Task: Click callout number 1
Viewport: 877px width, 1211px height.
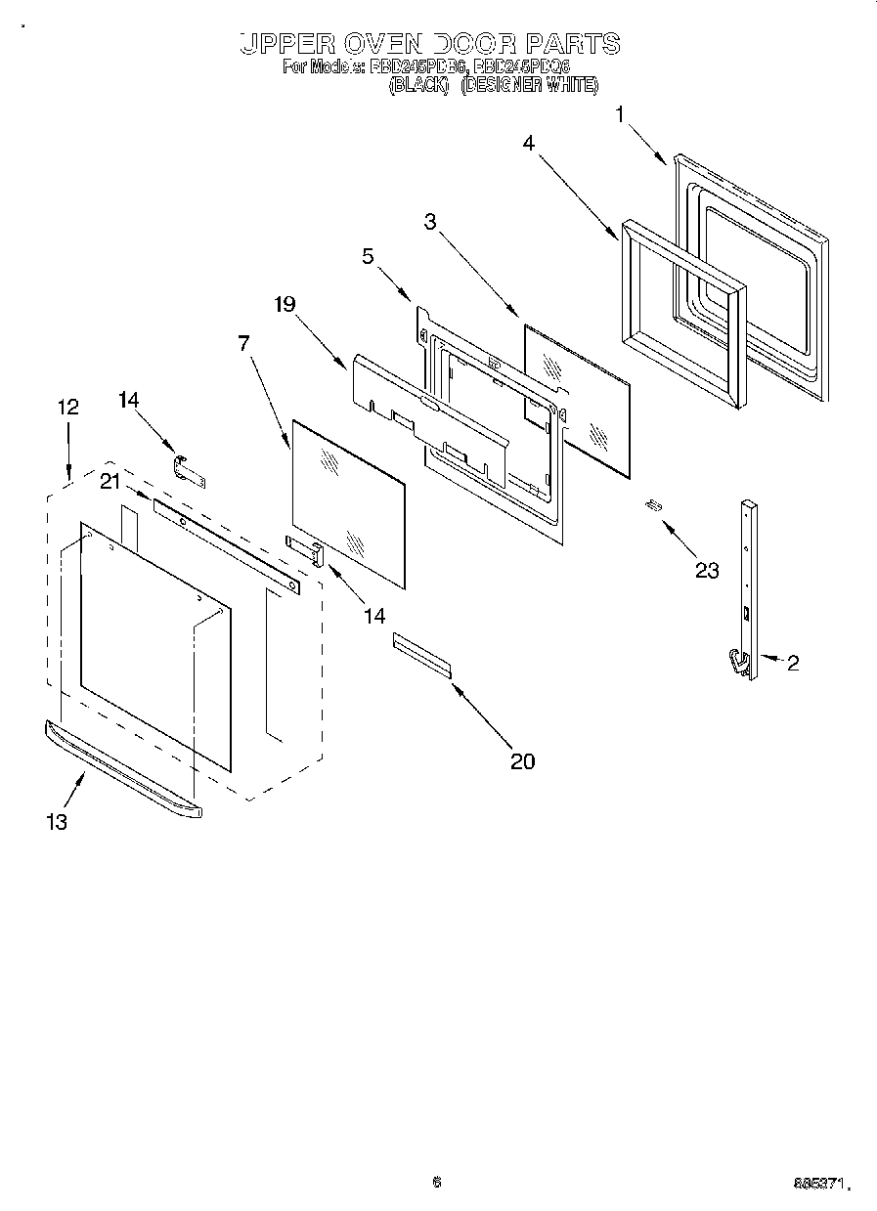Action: (620, 115)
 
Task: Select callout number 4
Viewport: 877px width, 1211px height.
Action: (528, 143)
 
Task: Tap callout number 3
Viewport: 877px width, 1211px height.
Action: (429, 221)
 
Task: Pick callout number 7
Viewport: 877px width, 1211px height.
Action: (243, 343)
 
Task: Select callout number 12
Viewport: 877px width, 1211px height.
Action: (67, 408)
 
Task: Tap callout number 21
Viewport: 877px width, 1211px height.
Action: (110, 479)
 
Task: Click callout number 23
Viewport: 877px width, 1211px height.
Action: (707, 570)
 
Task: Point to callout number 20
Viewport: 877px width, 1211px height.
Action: (523, 760)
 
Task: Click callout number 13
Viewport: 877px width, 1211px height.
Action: (57, 822)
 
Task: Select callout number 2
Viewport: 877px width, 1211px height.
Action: (793, 663)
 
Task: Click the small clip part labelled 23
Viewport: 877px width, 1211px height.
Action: (654, 504)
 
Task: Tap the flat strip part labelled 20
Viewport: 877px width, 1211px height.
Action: (422, 654)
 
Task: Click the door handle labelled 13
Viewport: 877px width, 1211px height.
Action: (122, 767)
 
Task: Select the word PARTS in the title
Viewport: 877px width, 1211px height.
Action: (572, 44)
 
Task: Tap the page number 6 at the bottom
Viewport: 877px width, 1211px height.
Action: (437, 1183)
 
